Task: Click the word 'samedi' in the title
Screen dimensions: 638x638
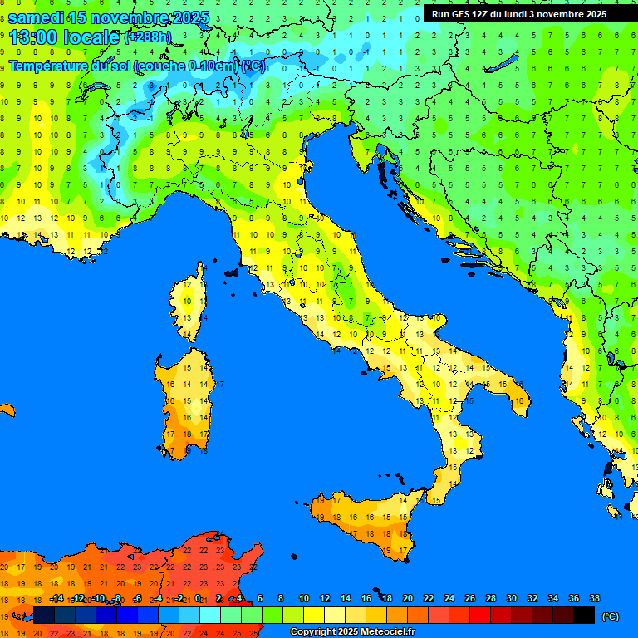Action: [37, 17]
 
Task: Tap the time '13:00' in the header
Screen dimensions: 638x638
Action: [33, 37]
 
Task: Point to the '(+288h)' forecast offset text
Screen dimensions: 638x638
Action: [150, 37]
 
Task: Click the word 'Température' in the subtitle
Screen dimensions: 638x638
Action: [49, 66]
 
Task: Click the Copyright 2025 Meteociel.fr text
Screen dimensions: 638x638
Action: [352, 632]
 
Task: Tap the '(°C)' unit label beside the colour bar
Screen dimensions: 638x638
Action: [610, 616]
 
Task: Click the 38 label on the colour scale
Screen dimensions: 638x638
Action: [594, 599]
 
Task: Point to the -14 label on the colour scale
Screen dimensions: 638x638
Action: [56, 599]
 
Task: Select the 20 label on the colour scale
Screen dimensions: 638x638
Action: [408, 599]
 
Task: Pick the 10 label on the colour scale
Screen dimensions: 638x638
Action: [304, 599]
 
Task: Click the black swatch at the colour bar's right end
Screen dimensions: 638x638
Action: [584, 616]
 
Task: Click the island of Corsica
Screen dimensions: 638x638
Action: [190, 303]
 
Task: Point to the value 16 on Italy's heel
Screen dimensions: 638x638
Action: [519, 401]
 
